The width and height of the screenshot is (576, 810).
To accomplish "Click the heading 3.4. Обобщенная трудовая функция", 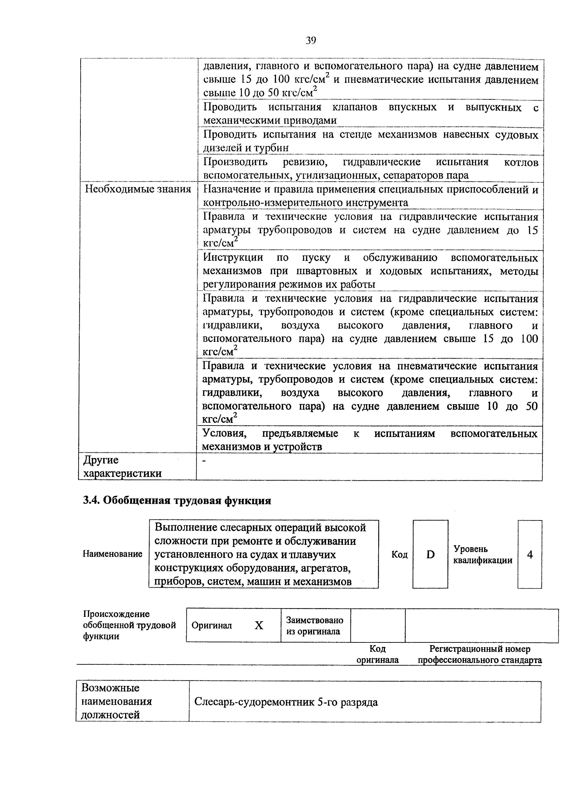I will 177,501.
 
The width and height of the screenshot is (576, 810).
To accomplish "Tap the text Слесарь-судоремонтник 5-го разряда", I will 286,702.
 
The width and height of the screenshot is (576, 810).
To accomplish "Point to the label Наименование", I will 112,554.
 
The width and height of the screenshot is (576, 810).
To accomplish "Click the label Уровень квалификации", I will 483,554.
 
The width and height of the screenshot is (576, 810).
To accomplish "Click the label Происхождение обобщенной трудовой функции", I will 129,625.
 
